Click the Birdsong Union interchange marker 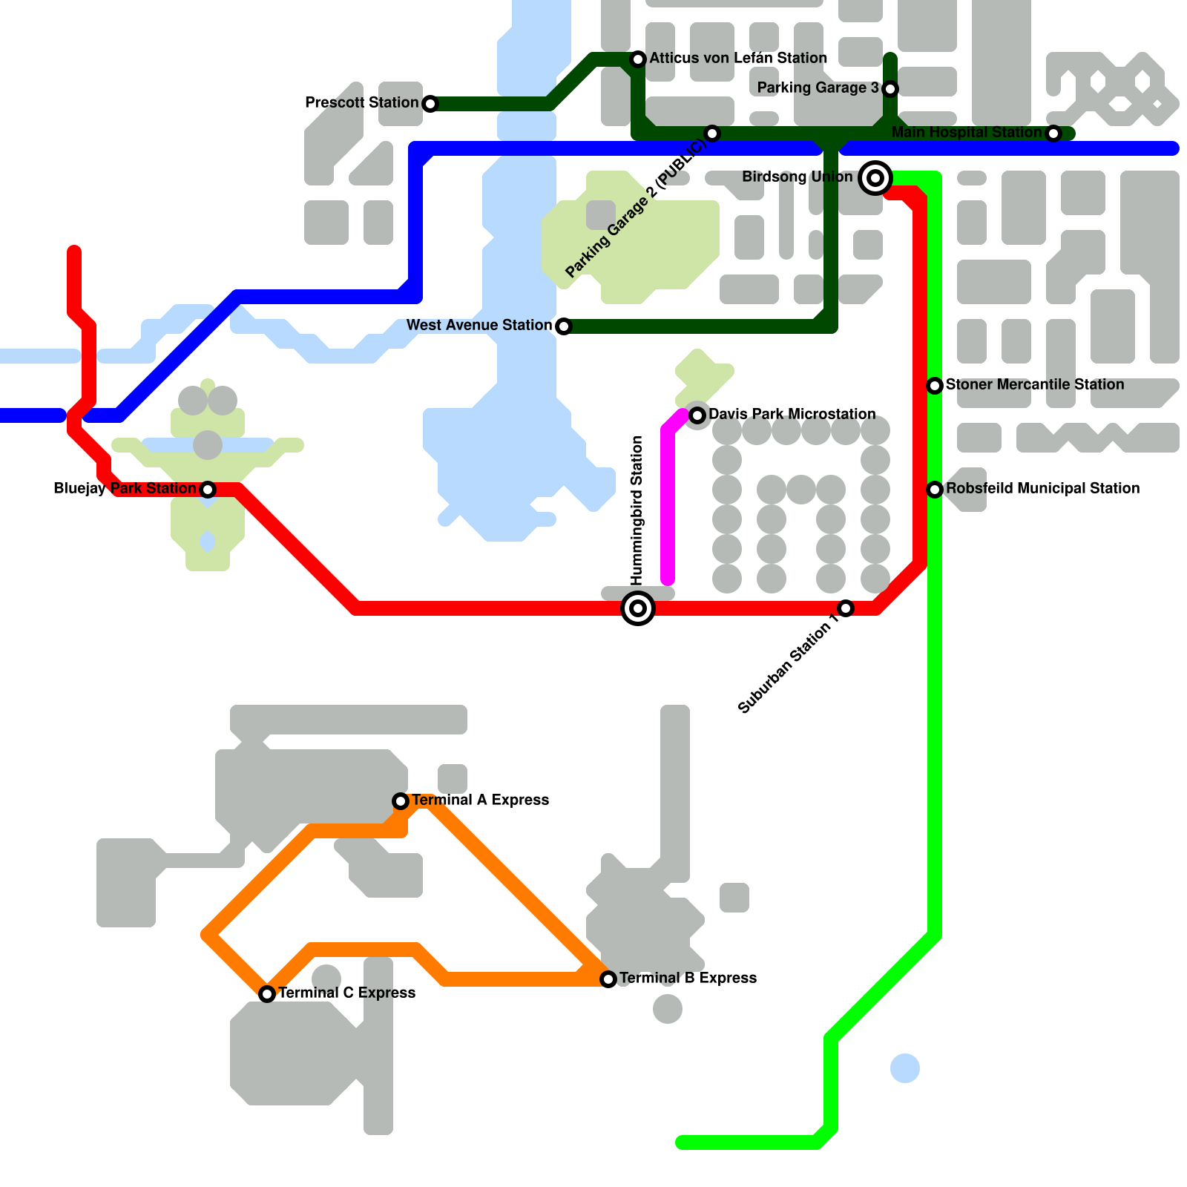click(x=875, y=178)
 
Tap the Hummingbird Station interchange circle click(x=638, y=608)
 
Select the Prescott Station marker click(x=430, y=104)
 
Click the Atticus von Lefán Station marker click(x=638, y=59)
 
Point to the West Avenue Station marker click(x=564, y=326)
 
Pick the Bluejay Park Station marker click(x=208, y=490)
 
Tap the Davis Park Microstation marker click(x=697, y=415)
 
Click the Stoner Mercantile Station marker click(x=935, y=386)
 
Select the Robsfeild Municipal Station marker click(x=935, y=490)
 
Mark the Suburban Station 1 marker click(x=846, y=608)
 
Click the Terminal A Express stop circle click(x=401, y=801)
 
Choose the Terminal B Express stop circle click(x=608, y=979)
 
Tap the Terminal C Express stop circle click(x=267, y=994)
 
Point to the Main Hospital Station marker click(x=1053, y=134)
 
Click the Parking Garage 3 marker click(x=890, y=89)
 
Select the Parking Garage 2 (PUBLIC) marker click(x=712, y=134)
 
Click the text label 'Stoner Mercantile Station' click(x=1035, y=384)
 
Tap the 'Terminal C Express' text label click(x=346, y=993)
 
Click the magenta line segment click(x=668, y=504)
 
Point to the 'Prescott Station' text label click(x=362, y=102)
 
